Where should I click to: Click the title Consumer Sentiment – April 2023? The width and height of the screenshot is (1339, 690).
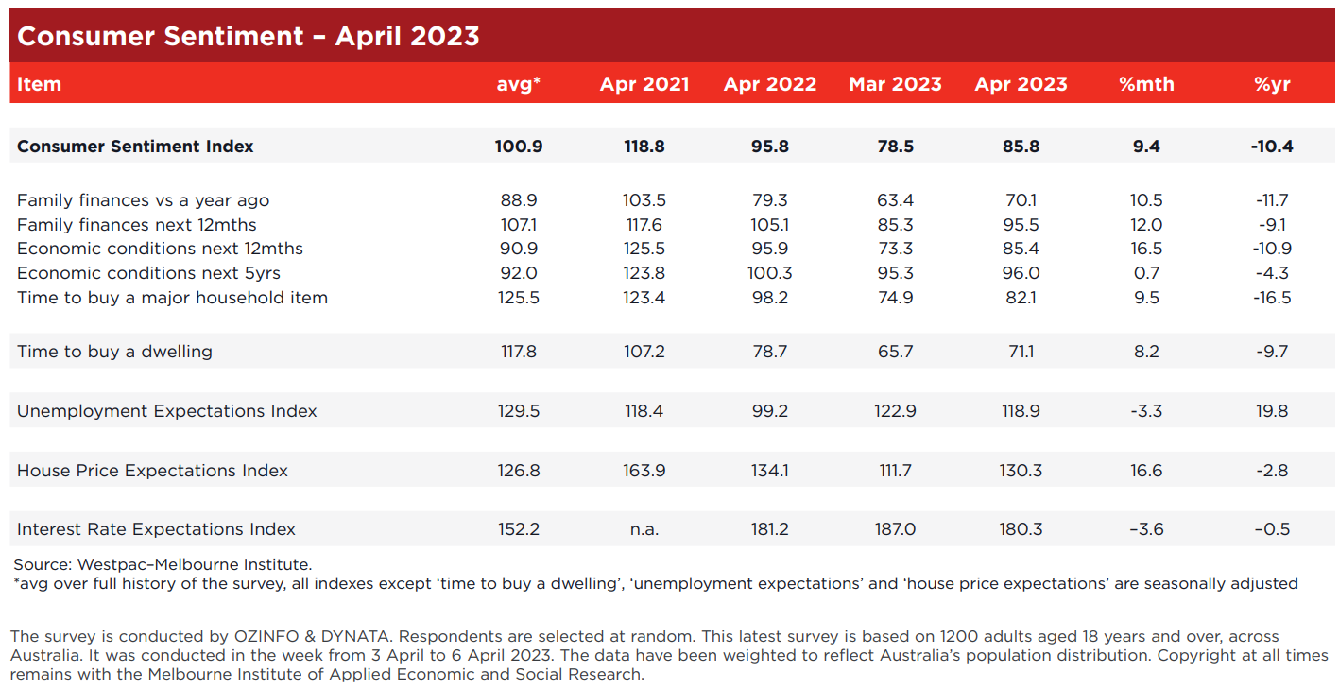tap(249, 36)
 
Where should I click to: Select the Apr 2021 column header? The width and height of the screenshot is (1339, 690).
tap(644, 84)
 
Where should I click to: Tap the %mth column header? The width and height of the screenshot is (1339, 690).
tap(1146, 84)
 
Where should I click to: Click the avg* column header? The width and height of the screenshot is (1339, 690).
tap(519, 84)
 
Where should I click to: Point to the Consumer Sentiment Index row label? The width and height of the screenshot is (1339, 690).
tap(135, 147)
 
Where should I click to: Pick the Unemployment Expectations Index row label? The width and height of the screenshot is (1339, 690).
tap(167, 411)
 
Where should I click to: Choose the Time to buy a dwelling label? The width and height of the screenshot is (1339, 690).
tap(114, 352)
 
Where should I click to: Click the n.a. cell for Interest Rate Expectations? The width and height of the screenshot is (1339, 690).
tap(644, 529)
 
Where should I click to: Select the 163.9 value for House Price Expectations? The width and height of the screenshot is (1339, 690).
tap(644, 471)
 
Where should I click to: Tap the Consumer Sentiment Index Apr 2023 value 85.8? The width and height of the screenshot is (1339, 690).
tap(1021, 147)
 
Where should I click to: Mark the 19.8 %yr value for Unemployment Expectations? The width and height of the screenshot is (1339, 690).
tap(1272, 411)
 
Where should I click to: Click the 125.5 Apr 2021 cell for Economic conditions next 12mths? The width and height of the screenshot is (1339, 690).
tap(644, 249)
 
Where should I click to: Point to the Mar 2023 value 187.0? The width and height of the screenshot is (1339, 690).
tap(895, 529)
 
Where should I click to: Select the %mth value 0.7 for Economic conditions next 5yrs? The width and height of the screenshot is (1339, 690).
tap(1146, 273)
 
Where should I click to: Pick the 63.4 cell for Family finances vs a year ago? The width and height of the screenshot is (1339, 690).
tap(895, 200)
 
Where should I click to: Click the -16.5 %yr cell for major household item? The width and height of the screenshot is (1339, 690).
tap(1272, 298)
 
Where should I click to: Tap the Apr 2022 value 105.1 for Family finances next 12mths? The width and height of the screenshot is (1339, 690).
tap(770, 225)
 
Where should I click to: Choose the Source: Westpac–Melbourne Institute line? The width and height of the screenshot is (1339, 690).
tap(163, 564)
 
